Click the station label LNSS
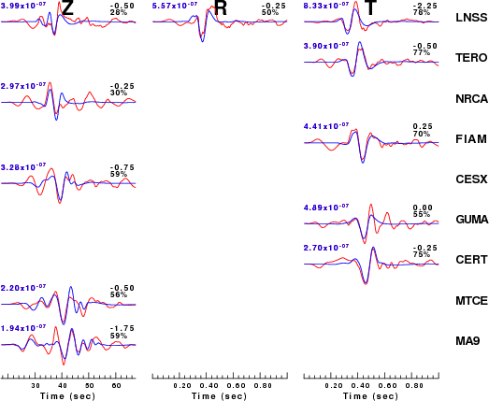471,18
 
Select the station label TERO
471,58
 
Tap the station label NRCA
471,98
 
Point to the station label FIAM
471,138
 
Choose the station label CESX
471,179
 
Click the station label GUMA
472,220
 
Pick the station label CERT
471,260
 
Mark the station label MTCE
471,301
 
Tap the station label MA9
467,341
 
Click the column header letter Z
67,7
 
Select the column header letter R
221,7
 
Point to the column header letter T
370,7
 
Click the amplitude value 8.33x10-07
326,5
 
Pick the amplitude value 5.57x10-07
175,5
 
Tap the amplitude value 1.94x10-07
23,328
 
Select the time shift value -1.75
122,328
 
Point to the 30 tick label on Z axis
36,386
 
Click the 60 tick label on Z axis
116,386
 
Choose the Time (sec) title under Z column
67,396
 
